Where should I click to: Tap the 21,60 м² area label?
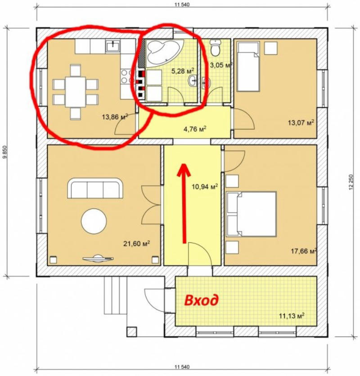tap(136, 244)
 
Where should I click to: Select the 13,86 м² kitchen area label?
tap(115, 117)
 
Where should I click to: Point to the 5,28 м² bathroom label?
tap(182, 71)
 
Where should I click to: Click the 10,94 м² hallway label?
tap(205, 186)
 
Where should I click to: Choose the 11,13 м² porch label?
tap(292, 316)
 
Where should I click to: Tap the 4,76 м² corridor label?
tap(195, 129)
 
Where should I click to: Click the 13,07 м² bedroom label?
tap(301, 123)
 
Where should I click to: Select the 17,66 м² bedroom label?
tap(304, 251)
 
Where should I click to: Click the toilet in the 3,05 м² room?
tap(215, 48)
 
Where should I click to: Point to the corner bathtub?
tap(163, 52)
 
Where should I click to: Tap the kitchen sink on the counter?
tap(113, 46)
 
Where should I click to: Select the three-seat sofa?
tap(95, 188)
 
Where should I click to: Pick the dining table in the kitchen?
tap(75, 92)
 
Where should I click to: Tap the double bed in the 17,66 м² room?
tap(251, 214)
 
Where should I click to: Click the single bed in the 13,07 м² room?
tap(248, 66)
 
